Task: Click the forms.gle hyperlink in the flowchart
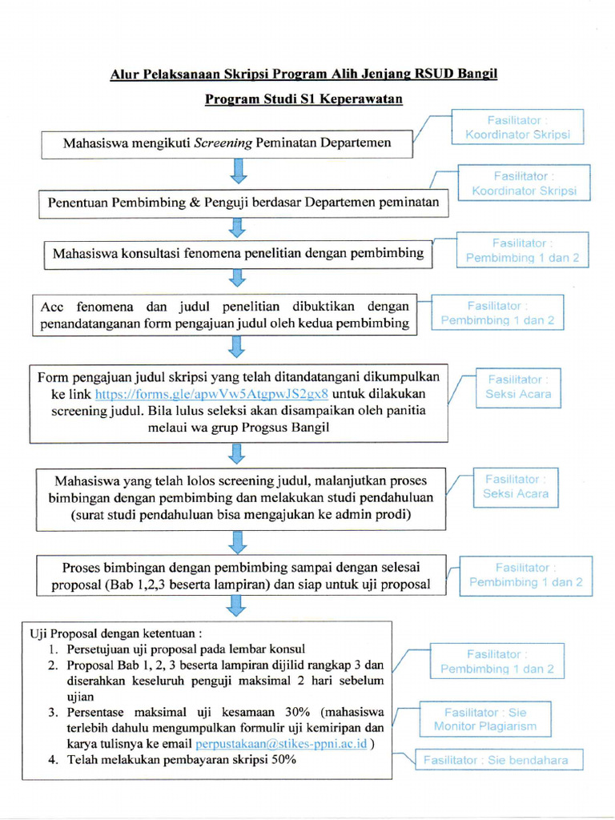211,394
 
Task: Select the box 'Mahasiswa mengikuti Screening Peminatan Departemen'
227,143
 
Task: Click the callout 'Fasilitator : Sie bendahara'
497,760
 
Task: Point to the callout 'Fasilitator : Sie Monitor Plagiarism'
485,719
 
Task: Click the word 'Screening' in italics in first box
223,143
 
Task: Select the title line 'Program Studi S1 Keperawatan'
303,99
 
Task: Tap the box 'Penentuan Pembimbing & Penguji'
243,203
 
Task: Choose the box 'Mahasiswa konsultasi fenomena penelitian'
238,253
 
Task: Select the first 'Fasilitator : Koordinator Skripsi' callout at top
517,127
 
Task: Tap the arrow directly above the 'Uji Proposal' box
238,606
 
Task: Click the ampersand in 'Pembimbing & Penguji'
194,203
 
